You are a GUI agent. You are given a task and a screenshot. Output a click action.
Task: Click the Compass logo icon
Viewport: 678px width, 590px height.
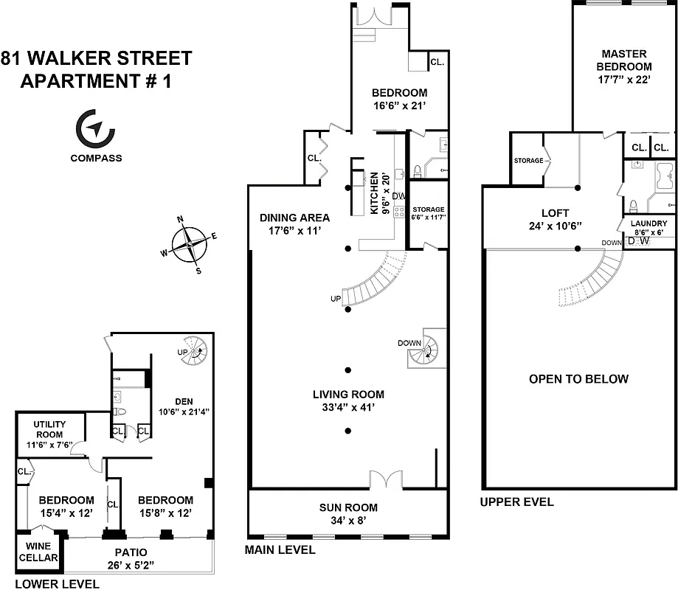point(96,129)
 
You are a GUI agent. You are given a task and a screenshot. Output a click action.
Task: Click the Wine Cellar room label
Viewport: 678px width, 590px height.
point(37,552)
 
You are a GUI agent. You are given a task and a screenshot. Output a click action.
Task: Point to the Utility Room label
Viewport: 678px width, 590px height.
point(50,430)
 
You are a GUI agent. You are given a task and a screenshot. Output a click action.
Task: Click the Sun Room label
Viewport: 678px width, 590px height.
point(348,507)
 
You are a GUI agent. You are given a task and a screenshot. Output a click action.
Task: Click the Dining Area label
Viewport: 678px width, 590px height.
point(294,218)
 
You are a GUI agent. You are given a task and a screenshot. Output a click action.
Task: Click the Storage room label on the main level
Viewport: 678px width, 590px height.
point(428,209)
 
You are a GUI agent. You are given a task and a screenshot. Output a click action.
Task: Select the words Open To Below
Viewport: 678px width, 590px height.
point(578,379)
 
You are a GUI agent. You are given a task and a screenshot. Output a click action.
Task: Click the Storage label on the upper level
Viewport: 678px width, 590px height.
point(528,161)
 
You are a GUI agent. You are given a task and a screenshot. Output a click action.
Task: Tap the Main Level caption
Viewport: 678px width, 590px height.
point(281,549)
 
